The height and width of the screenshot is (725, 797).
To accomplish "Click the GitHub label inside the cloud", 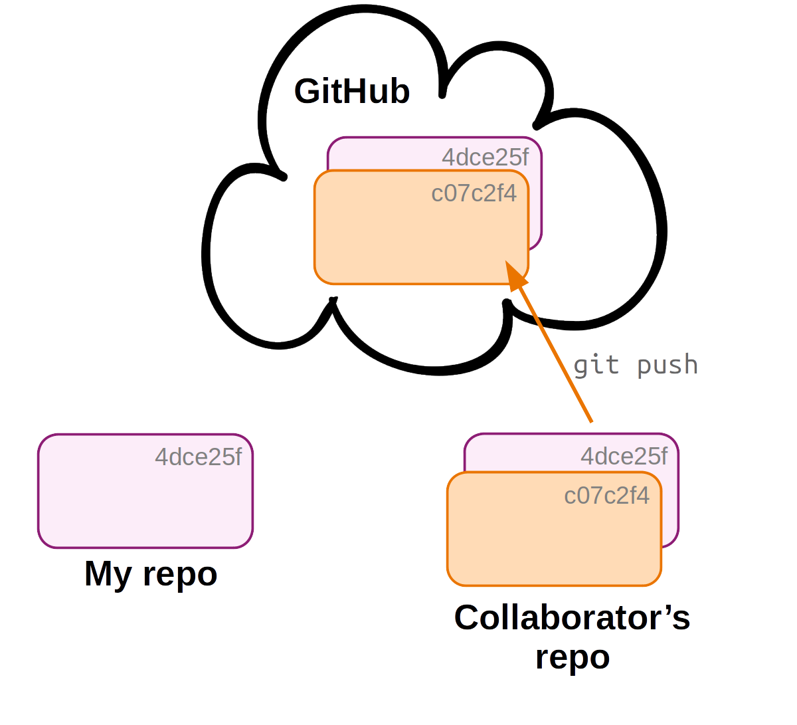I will [x=352, y=91].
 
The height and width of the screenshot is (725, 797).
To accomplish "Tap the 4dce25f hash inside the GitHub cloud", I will [x=485, y=157].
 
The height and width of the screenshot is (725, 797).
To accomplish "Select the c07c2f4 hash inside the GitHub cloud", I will [x=474, y=193].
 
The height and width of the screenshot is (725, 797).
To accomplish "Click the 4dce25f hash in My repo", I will [x=198, y=457].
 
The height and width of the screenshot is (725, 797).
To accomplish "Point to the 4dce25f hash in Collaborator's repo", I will [x=624, y=456].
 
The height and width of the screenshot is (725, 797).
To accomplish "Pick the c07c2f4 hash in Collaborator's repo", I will [x=606, y=496].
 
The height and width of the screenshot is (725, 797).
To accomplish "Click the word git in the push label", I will [x=596, y=365].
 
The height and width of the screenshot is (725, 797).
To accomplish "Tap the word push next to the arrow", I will [x=667, y=365].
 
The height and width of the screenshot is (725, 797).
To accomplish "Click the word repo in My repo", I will [x=180, y=575].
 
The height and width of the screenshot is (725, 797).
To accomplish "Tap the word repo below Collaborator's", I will [x=573, y=658].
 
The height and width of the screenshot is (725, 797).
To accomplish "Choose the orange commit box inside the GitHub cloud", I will [x=398, y=239].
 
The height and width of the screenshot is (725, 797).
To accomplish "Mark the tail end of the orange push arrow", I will [x=590, y=421].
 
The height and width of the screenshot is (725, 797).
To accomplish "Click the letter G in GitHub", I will [x=308, y=91].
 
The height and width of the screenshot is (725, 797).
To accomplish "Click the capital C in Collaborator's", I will [x=469, y=617].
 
